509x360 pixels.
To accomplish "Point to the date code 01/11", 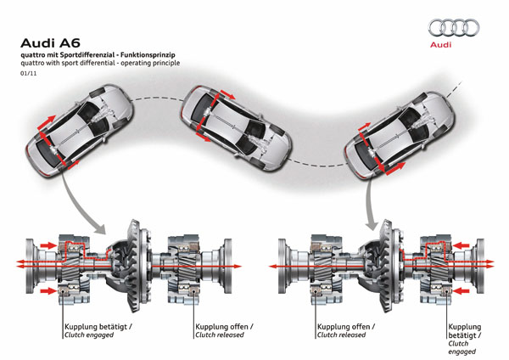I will click(x=28, y=74).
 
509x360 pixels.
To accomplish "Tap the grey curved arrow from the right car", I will click(x=371, y=204).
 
